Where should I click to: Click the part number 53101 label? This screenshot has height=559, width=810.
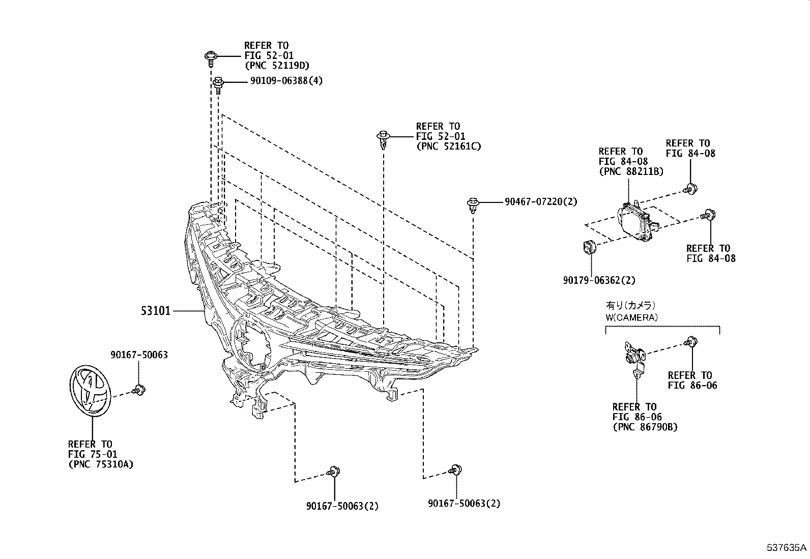[x=155, y=310]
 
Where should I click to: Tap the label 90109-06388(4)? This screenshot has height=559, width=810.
[x=286, y=81]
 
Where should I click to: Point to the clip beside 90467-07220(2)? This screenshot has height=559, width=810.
[x=472, y=204]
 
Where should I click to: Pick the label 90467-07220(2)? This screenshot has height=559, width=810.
[x=541, y=202]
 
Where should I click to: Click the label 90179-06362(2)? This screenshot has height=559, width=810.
[x=599, y=280]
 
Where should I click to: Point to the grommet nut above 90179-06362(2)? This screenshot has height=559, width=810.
[x=589, y=248]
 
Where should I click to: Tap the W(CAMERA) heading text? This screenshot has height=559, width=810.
[x=631, y=317]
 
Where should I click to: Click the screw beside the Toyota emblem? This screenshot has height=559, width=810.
[x=138, y=391]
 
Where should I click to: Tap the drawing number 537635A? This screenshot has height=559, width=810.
[x=787, y=548]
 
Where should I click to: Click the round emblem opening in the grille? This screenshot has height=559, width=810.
[x=252, y=343]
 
